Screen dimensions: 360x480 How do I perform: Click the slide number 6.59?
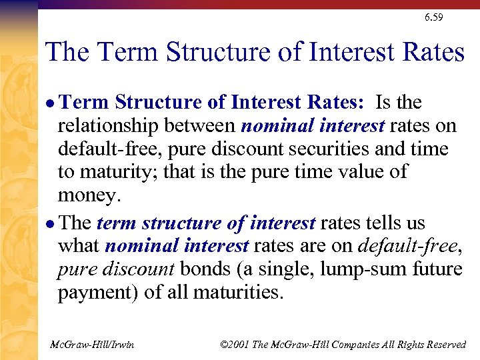[x=433, y=17]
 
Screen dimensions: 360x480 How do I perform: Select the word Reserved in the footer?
[x=444, y=345]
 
